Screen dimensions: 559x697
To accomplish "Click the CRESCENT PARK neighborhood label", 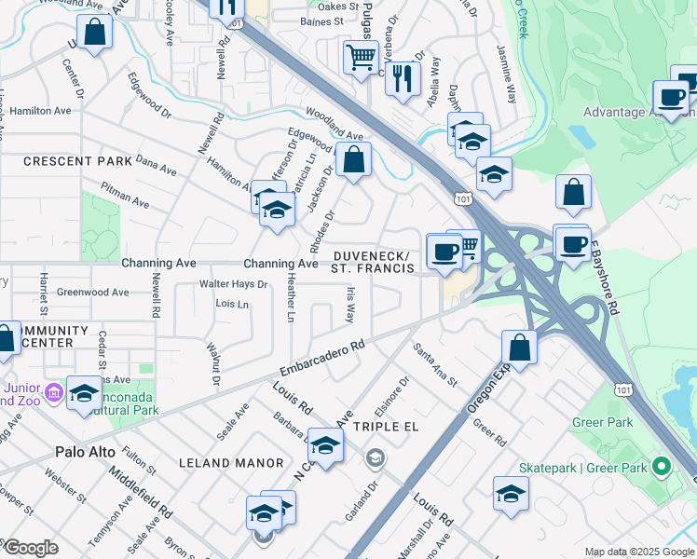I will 78,161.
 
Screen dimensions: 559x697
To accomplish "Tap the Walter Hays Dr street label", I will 233,284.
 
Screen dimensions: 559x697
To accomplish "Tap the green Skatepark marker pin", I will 662,465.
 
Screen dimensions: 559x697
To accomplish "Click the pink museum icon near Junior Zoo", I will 53,393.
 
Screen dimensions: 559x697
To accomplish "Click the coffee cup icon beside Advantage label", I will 671,96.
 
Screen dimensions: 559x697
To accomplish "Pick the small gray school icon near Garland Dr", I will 375,457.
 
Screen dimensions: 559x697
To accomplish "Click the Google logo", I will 31,548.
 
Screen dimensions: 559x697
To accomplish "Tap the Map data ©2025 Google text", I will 638,552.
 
